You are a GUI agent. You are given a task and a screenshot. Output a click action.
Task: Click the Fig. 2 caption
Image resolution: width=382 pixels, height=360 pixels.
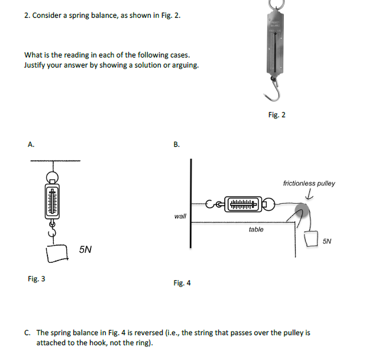pyautogui.click(x=276, y=114)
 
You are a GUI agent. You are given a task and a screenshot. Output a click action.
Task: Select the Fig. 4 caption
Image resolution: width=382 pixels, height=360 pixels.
pyautogui.click(x=182, y=283)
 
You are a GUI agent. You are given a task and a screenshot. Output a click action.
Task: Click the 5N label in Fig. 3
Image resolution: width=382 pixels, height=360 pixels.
pyautogui.click(x=85, y=250)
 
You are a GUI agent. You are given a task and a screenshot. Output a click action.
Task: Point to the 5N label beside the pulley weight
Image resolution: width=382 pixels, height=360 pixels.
pyautogui.click(x=328, y=242)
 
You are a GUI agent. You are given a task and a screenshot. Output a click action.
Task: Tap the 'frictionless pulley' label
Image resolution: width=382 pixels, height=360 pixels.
pyautogui.click(x=309, y=184)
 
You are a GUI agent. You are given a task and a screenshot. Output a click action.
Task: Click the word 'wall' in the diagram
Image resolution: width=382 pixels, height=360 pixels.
pyautogui.click(x=180, y=217)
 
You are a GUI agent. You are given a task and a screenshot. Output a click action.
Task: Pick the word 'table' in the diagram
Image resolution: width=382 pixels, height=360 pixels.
pyautogui.click(x=256, y=229)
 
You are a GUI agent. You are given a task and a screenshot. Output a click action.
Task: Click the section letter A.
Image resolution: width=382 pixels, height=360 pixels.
pyautogui.click(x=31, y=144)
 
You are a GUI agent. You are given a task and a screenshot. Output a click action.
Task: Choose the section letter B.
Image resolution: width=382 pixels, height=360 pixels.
pyautogui.click(x=176, y=144)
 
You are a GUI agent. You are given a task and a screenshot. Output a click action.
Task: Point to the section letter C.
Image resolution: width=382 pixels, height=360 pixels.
pyautogui.click(x=28, y=333)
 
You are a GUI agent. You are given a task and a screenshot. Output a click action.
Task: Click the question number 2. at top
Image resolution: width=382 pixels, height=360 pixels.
pyautogui.click(x=27, y=15)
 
